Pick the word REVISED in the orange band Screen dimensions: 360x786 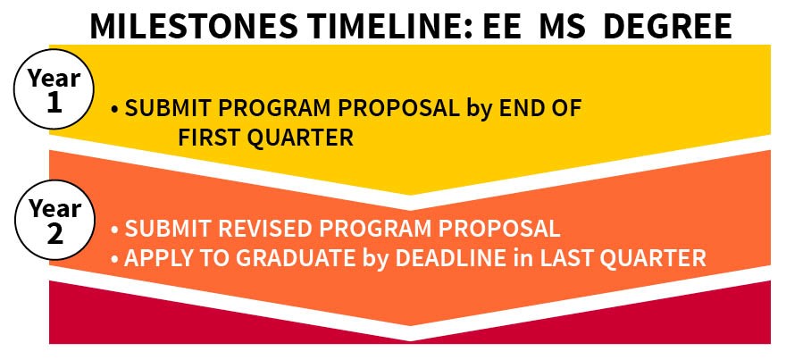pos(240,227)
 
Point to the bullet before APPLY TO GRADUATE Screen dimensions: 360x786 pos(115,258)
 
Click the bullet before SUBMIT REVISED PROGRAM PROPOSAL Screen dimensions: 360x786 pos(115,228)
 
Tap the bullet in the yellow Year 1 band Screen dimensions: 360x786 pos(115,110)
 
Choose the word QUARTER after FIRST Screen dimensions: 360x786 pos(303,138)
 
